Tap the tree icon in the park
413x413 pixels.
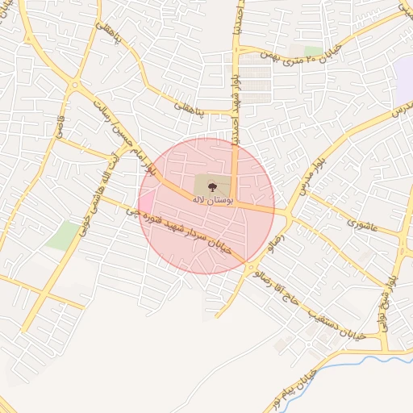point(212,187)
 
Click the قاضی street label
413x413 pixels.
point(58,126)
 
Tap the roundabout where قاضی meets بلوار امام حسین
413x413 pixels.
point(74,85)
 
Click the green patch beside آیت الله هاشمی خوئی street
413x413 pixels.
point(63,235)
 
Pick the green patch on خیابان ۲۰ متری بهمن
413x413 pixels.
point(313,51)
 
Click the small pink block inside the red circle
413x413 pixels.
point(148,201)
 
